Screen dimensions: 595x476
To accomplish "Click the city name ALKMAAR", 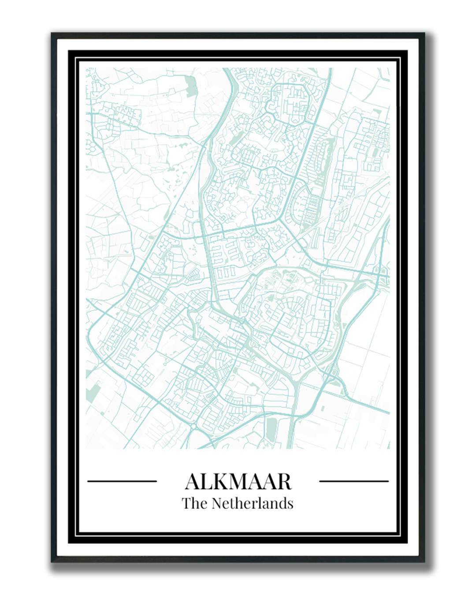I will [238, 482].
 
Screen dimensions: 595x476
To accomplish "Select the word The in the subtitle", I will [192, 503].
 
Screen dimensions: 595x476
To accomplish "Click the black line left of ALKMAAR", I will [122, 481].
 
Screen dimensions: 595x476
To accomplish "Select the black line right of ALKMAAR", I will [353, 481].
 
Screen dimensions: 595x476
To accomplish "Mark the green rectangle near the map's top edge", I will [192, 86].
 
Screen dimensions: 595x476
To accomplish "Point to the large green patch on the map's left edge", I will [92, 393].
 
